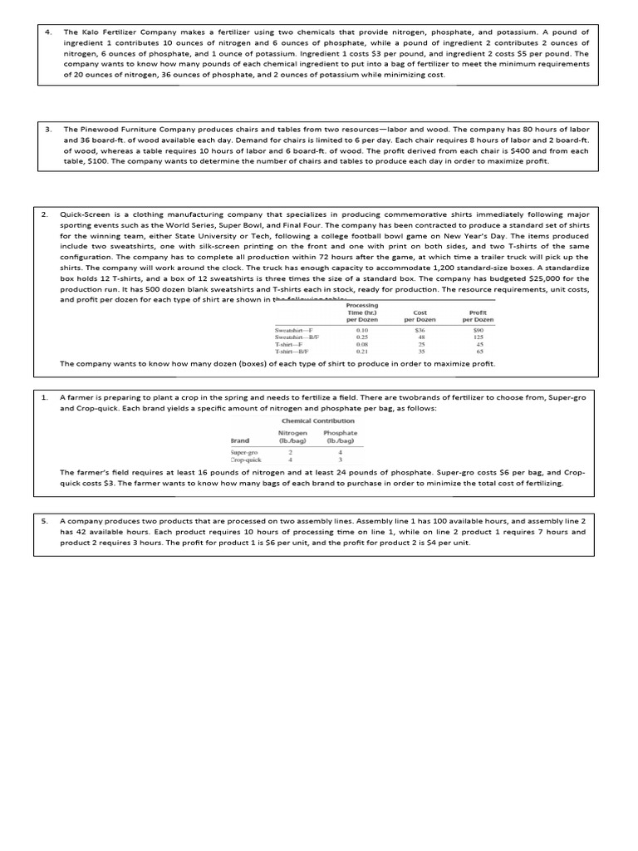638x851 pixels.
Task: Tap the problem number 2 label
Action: pos(45,214)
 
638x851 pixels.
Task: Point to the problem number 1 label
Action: pos(45,398)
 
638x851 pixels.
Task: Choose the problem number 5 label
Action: pos(45,519)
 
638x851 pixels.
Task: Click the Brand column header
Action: pos(240,440)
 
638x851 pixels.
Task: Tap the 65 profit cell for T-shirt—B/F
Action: pos(479,352)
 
